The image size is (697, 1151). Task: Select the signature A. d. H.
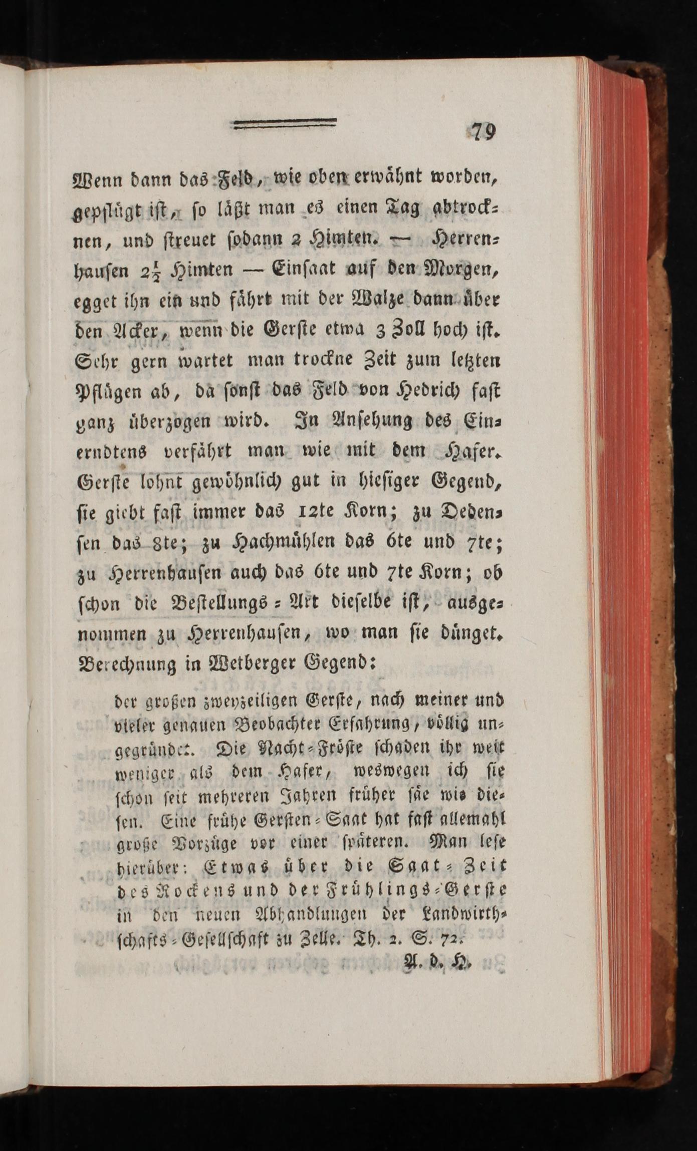[438, 960]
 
